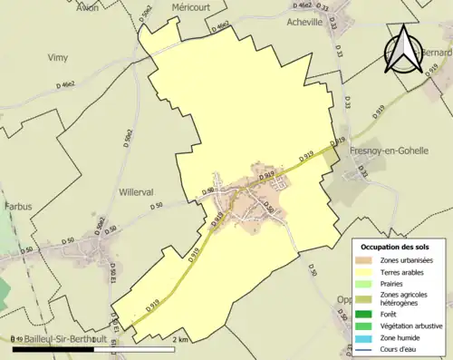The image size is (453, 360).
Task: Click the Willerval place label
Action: point(139,192)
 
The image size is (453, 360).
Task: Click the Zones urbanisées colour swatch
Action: point(367,260)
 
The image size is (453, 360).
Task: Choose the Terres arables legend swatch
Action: point(367,272)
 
